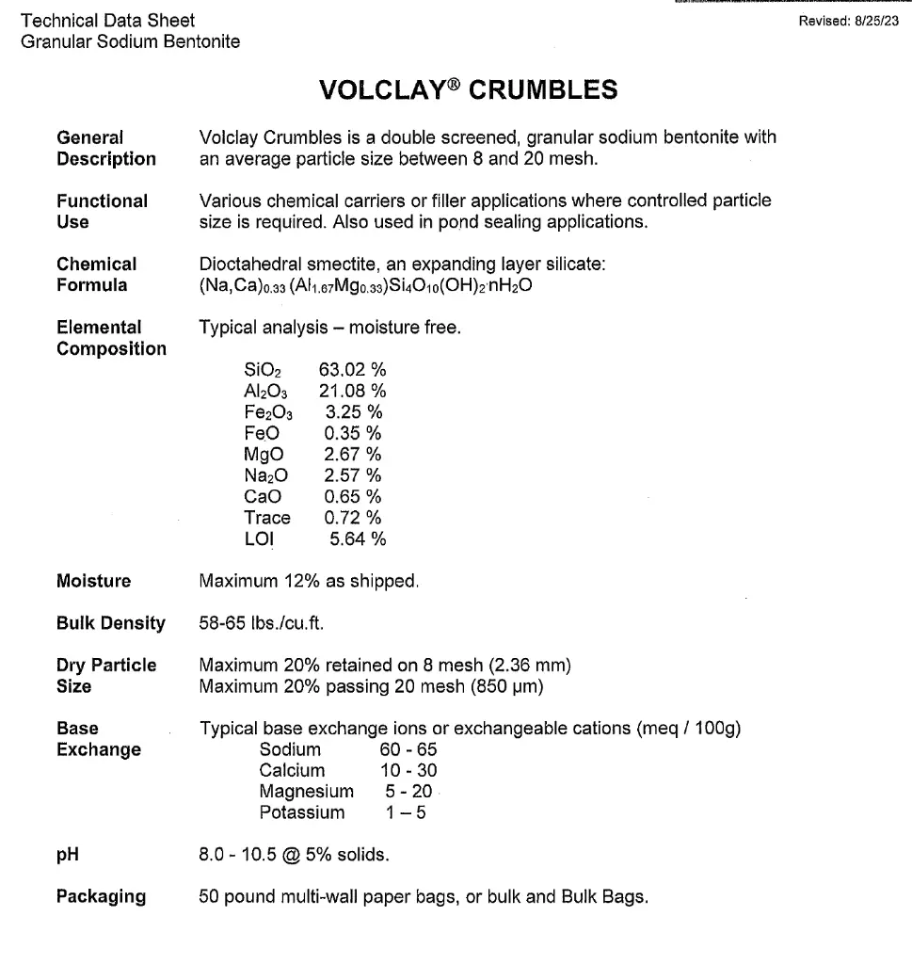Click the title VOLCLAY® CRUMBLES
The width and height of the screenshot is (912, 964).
click(469, 89)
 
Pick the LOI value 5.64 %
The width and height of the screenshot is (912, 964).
click(358, 538)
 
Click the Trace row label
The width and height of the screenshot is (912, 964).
click(267, 518)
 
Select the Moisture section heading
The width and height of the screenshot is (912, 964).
click(94, 581)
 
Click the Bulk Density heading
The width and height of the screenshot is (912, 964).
click(111, 623)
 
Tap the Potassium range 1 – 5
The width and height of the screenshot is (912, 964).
click(399, 812)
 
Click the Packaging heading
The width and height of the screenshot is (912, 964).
click(102, 896)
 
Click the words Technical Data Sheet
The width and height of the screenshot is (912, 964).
click(107, 21)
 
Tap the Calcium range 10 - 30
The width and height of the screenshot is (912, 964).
click(403, 771)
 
